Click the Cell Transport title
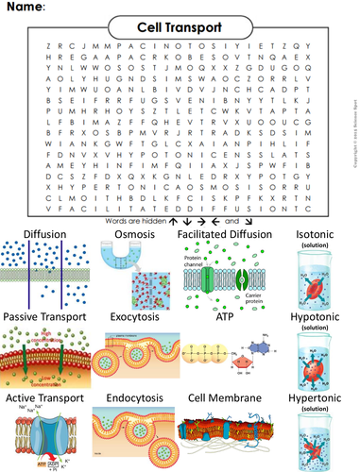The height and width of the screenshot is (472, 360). point(179,28)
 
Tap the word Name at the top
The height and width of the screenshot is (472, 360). point(26,8)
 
